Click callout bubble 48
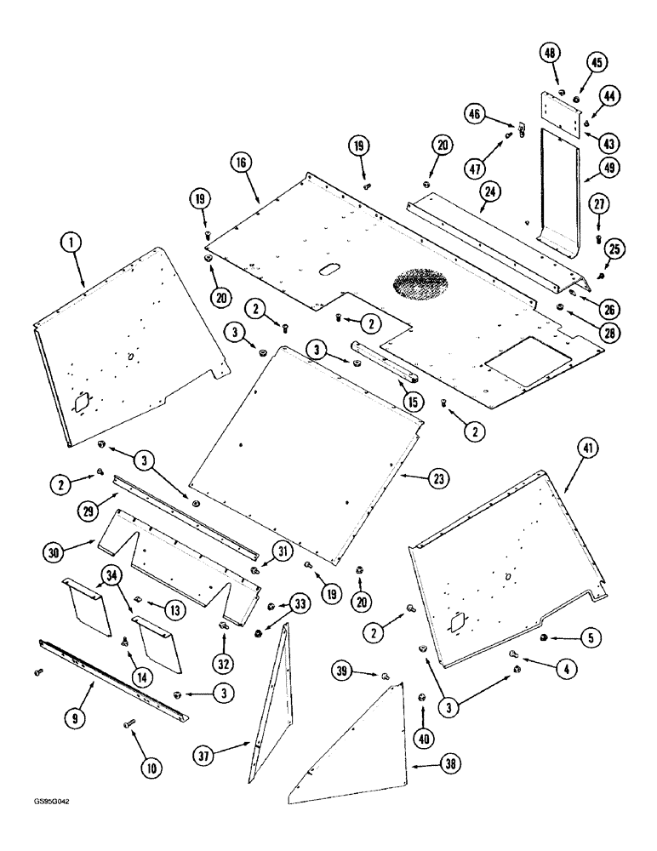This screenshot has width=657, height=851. click(551, 53)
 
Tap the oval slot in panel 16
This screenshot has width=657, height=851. click(328, 270)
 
